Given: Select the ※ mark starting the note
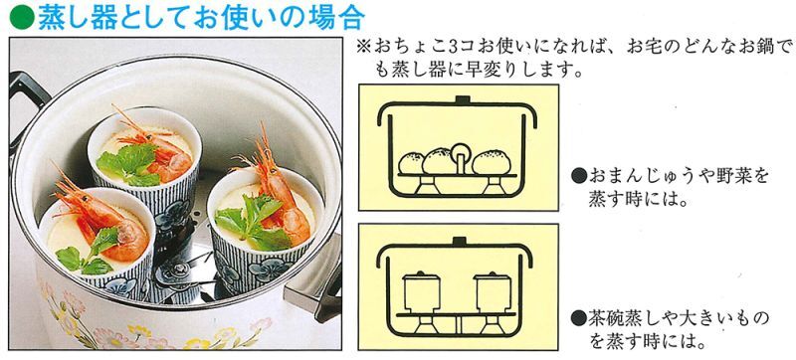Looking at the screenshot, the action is pos(364,48).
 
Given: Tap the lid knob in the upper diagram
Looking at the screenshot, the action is pos(461,99).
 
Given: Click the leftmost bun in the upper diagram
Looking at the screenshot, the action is pos(412,163).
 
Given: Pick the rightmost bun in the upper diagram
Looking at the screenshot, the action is pos(492,162).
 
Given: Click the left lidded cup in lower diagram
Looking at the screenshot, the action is pos(421,292).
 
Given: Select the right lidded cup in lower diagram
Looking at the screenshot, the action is pos(492,292).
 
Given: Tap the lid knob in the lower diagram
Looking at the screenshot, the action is pos(460,242).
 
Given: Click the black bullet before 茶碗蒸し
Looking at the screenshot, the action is pos(578,319).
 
